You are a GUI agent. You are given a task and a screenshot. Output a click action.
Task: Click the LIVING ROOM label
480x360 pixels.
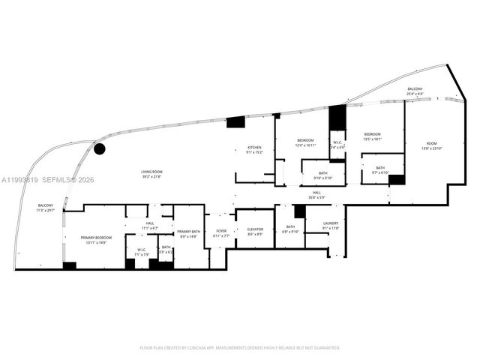[151, 172]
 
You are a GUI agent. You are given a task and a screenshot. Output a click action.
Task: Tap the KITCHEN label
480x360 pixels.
[254, 148]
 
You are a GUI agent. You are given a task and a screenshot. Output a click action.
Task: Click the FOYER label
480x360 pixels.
[221, 231]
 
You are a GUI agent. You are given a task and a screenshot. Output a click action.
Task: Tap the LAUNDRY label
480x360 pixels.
[331, 223]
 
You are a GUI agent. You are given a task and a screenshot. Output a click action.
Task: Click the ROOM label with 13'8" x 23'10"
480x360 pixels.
[431, 144]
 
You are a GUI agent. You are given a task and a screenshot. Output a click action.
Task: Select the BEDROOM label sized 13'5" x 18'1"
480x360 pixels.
[373, 134]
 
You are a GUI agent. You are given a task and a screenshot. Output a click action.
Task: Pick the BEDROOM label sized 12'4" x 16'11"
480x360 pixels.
[305, 140]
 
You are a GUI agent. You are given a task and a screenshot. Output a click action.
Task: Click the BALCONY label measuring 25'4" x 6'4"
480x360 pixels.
[415, 89]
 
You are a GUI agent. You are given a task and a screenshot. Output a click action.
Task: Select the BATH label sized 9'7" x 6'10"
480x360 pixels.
[380, 168]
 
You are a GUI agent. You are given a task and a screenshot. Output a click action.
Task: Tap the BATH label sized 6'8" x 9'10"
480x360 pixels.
[291, 226]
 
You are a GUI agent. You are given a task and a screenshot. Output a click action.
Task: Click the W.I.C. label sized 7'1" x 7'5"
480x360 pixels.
[140, 250]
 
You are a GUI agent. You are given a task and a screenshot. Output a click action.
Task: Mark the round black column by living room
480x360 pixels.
[100, 148]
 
